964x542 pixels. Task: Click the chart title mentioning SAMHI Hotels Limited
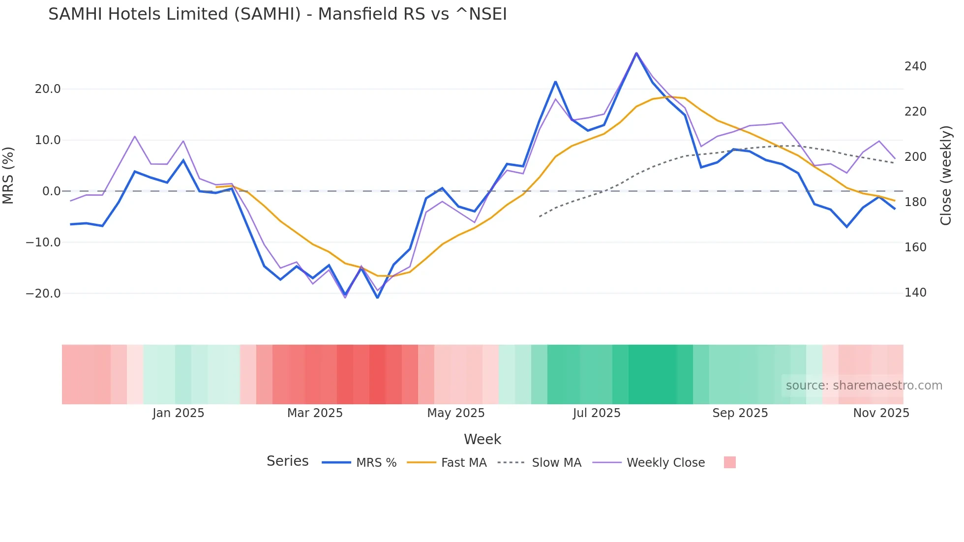click(277, 14)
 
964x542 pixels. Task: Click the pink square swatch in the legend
click(729, 462)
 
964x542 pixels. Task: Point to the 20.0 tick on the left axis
click(48, 89)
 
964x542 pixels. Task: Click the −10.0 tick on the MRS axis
click(44, 242)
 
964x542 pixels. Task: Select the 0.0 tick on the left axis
click(51, 191)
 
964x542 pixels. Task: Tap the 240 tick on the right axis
click(915, 66)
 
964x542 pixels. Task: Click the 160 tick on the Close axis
click(915, 247)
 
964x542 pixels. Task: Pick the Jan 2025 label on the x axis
click(178, 413)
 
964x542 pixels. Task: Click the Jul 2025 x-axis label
click(596, 413)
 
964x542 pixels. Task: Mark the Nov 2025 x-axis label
click(881, 413)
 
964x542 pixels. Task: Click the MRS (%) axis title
click(8, 176)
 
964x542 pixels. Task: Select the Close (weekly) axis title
click(945, 176)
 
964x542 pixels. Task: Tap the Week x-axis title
click(482, 439)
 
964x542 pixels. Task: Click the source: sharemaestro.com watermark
click(864, 386)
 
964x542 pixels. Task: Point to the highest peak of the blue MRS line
click(636, 54)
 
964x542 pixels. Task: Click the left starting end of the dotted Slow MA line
click(540, 216)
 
